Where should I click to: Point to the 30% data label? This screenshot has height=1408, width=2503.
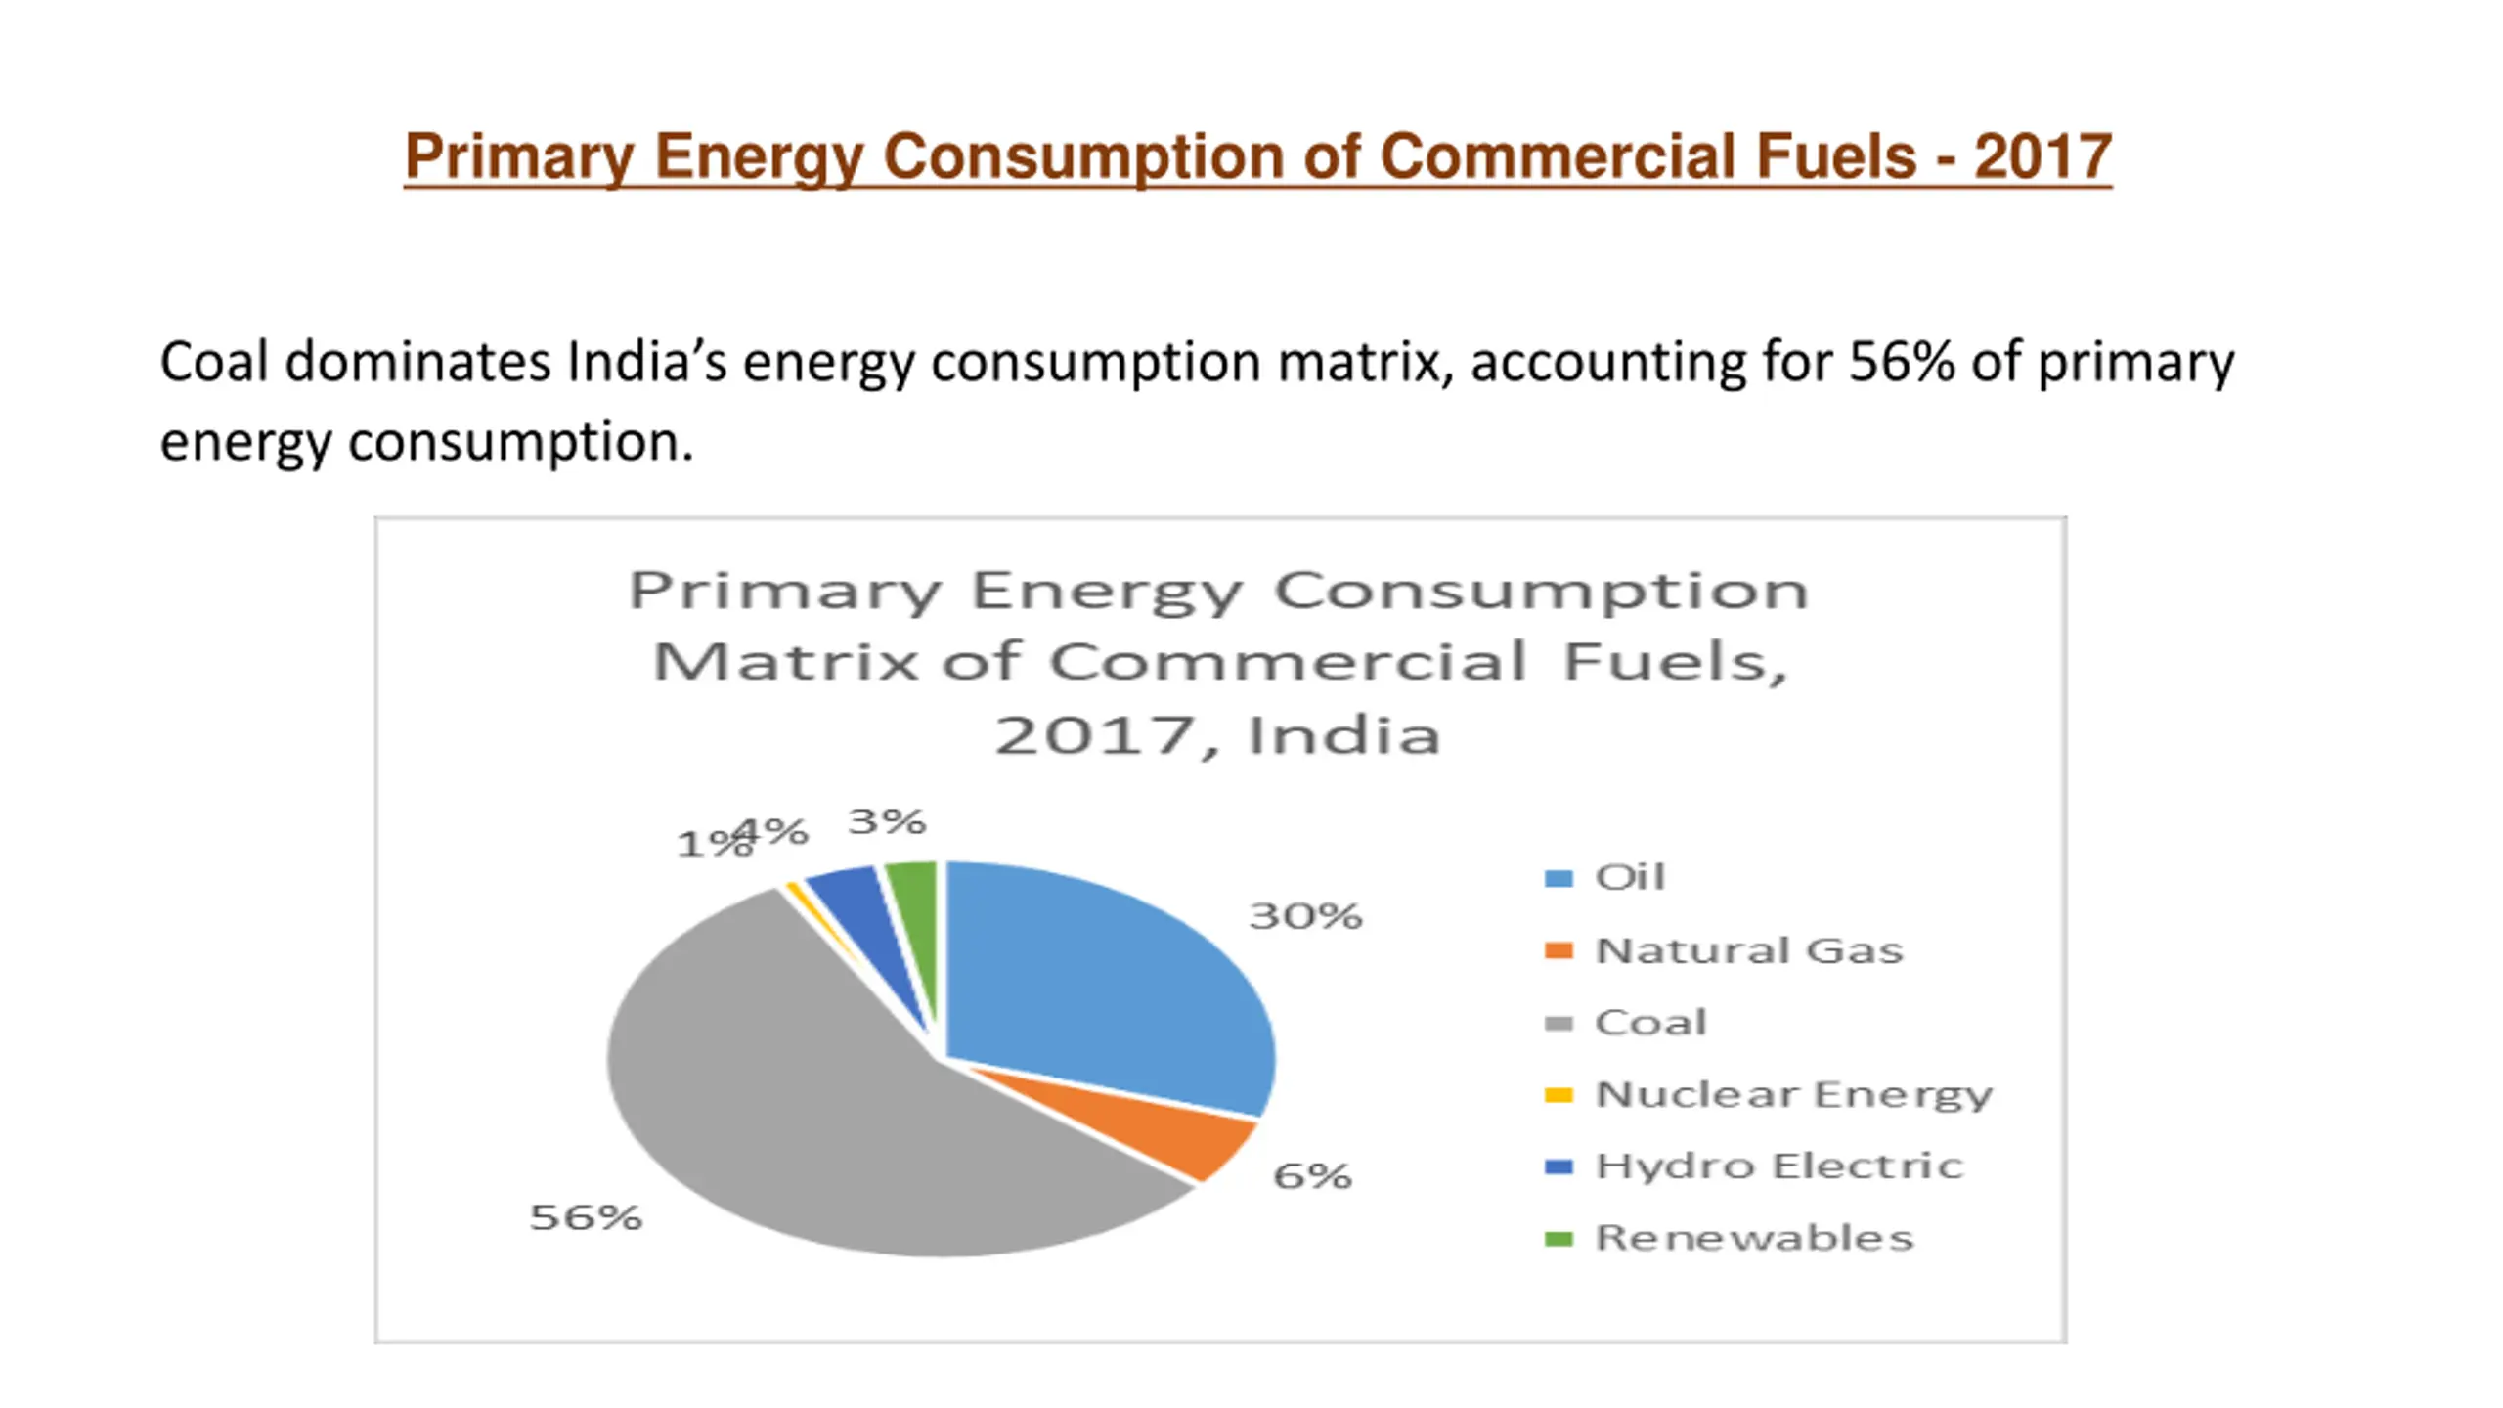point(1305,916)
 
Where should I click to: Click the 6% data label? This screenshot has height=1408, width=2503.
point(1312,1175)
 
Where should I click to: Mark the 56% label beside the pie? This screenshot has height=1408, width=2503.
point(586,1217)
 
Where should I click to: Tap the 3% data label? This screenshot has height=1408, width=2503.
point(887,821)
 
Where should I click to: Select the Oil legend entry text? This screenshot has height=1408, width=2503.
point(1630,877)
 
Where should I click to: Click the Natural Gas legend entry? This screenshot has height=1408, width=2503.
point(1749,950)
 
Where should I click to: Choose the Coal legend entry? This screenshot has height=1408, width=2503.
point(1650,1023)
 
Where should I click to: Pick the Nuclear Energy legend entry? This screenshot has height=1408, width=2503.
point(1793,1094)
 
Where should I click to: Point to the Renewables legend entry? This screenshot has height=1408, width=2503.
point(1754,1238)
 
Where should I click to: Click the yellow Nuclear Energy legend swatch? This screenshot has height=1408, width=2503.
point(1559,1095)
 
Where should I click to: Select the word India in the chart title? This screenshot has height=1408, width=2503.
point(1343,735)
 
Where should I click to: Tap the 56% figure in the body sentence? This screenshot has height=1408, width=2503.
point(1901,363)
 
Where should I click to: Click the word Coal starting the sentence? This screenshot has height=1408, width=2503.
point(213,363)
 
